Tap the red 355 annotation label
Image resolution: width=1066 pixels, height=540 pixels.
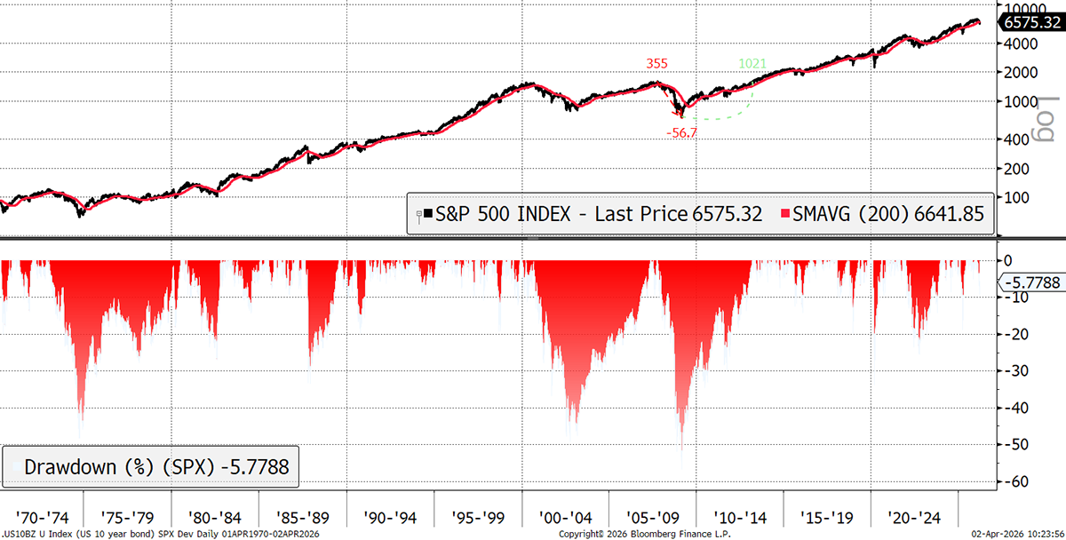click(x=657, y=64)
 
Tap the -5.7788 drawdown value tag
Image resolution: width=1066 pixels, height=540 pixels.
click(x=1030, y=283)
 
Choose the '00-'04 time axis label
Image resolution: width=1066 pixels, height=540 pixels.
click(x=566, y=516)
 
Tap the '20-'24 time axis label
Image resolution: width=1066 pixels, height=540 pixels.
click(x=914, y=516)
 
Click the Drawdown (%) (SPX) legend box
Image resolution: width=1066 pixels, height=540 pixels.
click(x=150, y=466)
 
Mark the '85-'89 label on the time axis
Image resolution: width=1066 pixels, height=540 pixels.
click(x=302, y=516)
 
